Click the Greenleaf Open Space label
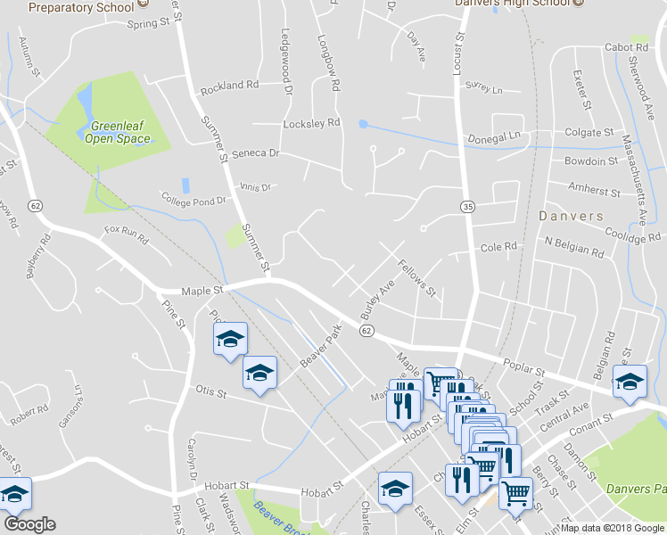118,133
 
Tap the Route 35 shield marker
467,207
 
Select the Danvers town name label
571,216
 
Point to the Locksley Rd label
312,123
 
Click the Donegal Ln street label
494,138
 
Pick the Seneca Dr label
255,153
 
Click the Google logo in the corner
29,523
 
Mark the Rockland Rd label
229,86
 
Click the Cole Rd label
498,246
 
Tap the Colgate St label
590,132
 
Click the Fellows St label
416,279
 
